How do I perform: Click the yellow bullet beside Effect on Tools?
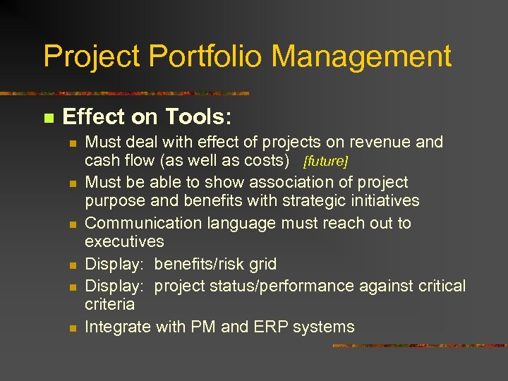coord(48,117)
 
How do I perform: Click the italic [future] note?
coord(325,162)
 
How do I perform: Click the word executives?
coord(124,241)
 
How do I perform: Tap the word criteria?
coord(109,304)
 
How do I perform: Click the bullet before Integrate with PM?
coord(71,327)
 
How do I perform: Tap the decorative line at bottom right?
coord(419,346)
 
